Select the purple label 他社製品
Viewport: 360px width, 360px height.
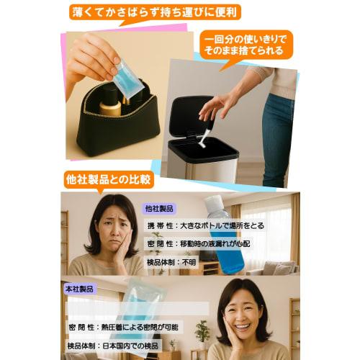pyautogui.click(x=158, y=208)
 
